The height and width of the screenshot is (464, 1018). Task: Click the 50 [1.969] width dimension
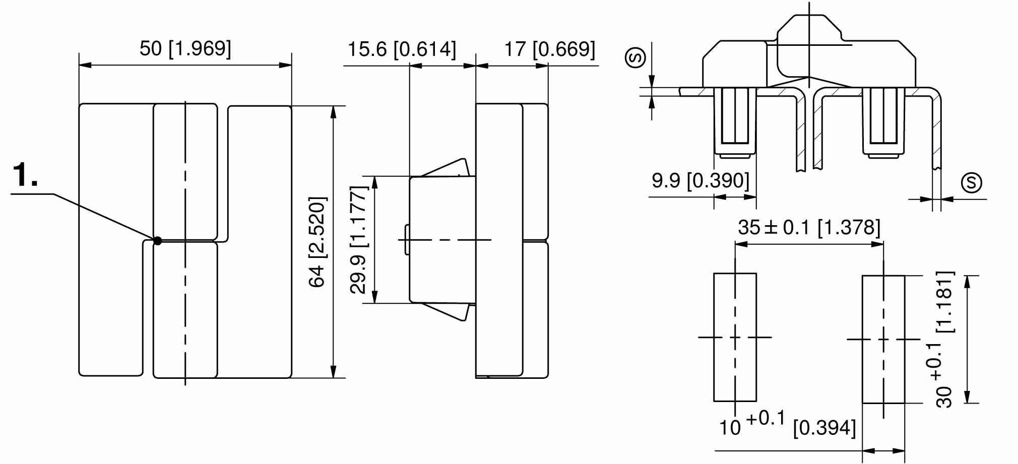(x=185, y=49)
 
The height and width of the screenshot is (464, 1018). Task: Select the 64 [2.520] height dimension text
(x=317, y=242)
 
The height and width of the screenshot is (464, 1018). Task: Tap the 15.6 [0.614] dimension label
(x=402, y=49)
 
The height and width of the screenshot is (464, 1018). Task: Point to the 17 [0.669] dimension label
(x=550, y=49)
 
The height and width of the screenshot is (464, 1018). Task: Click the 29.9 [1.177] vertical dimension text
(x=358, y=240)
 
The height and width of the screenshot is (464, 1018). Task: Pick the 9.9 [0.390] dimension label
(x=701, y=180)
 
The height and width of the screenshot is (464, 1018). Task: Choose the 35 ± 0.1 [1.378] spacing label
(x=809, y=227)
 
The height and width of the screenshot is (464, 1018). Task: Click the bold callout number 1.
(x=25, y=175)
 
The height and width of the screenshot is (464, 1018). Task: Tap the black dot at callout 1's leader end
(x=158, y=241)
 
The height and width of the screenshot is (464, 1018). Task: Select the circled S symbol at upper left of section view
(x=635, y=57)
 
